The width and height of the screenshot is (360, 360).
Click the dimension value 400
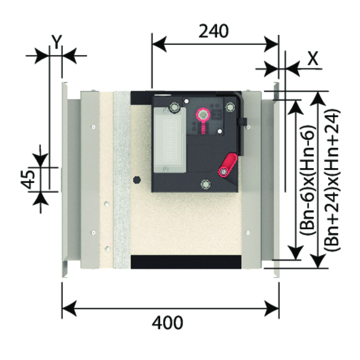[167, 322]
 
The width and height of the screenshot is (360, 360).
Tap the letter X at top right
[311, 58]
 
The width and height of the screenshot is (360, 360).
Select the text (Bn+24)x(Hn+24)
[332, 180]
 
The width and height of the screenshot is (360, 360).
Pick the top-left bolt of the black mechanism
[175, 107]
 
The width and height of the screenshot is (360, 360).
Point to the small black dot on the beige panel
[137, 179]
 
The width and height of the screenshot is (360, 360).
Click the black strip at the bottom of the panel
[186, 262]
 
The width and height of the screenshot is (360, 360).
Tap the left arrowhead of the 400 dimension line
[68, 309]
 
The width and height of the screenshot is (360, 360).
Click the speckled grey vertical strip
[121, 180]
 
